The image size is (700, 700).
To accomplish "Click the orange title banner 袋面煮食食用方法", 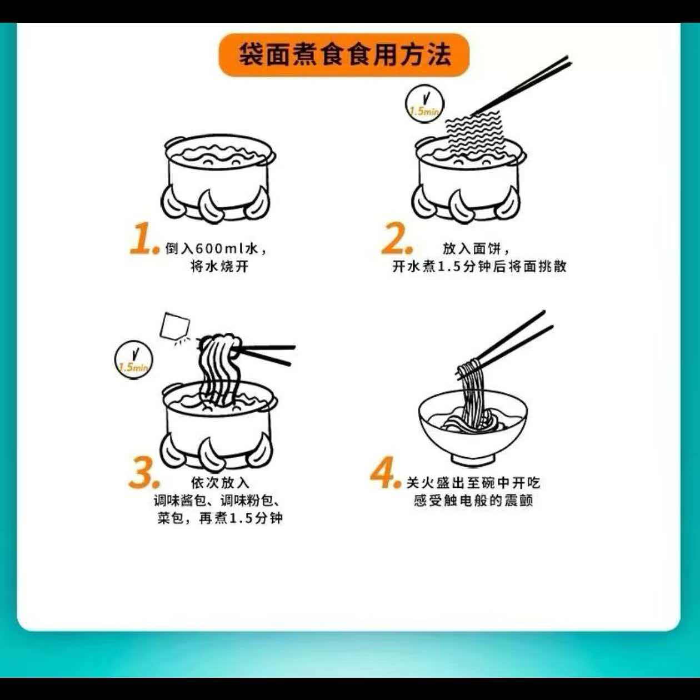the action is point(344,54).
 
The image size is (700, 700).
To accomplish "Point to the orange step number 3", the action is point(144,472).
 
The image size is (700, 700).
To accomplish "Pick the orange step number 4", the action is point(385,472).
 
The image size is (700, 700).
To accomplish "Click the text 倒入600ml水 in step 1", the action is point(212,249).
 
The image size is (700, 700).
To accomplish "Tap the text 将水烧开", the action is point(219,267).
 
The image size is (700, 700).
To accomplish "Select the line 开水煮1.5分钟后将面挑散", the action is point(479,267).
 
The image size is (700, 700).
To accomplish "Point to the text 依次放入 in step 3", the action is point(220,483).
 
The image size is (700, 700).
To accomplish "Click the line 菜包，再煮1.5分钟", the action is point(220,518).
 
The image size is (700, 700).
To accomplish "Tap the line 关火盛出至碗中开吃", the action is point(473,483).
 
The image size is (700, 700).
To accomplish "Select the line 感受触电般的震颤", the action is point(473,501).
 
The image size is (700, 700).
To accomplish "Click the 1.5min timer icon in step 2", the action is point(424,104).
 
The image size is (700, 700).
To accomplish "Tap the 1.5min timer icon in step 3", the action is point(133,359).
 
